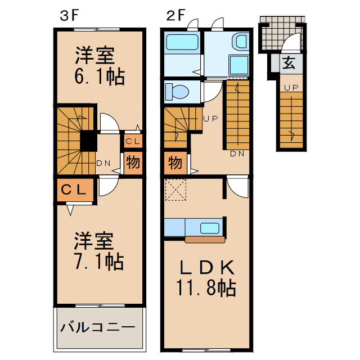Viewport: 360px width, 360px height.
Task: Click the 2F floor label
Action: coord(175,16)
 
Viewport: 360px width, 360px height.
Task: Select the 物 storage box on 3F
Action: coord(133,163)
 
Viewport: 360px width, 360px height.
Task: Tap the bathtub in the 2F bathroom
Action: coord(182,42)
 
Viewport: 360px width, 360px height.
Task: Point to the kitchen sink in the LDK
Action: coord(210,228)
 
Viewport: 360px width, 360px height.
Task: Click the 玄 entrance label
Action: coord(289,63)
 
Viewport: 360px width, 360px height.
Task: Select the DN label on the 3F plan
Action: coord(102,164)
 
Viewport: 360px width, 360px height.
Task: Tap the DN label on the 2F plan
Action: coord(237,154)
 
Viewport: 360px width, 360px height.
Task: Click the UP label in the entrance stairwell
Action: coord(291,87)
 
